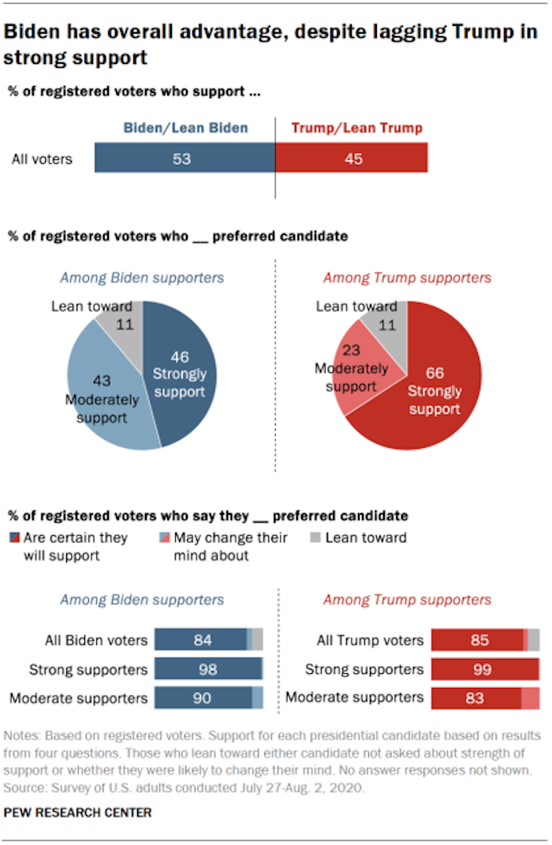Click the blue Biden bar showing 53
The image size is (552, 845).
[185, 158]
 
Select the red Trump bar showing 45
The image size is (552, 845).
[352, 158]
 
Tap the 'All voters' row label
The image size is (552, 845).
[42, 159]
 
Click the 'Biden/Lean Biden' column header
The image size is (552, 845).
[185, 128]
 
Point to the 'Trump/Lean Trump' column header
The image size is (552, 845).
[357, 128]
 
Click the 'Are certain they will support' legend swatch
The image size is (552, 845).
[13, 538]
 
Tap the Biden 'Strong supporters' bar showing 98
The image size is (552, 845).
[208, 669]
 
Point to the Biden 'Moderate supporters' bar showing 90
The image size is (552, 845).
[203, 698]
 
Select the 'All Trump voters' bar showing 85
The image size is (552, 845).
[478, 640]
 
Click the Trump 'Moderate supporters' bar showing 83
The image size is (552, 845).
[476, 698]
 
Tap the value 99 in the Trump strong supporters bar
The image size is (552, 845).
[483, 670]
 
